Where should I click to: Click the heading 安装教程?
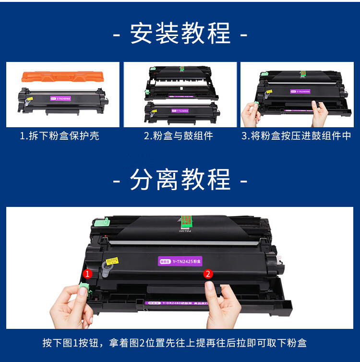coord(180,34)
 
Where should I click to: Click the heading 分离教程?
coord(180,179)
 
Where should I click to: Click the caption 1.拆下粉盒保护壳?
coord(60,136)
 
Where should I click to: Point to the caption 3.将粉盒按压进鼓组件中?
coord(296,136)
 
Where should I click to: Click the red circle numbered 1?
coord(87,274)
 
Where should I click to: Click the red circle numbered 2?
coord(208,274)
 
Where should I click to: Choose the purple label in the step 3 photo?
coord(300,91)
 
